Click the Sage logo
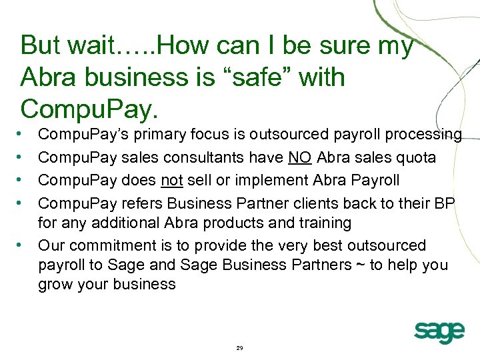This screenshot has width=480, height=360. click(x=439, y=331)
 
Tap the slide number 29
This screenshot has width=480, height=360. click(x=240, y=348)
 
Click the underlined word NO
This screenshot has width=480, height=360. click(x=299, y=157)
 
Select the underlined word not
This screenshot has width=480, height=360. click(x=173, y=180)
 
